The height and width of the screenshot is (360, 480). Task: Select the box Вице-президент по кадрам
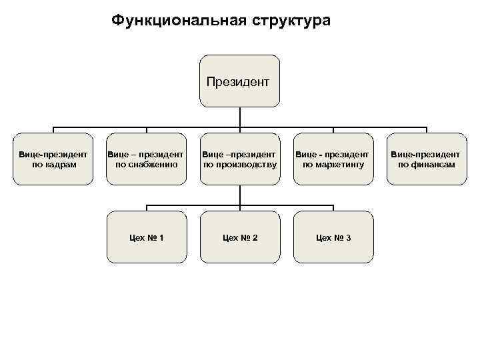coord(53,159)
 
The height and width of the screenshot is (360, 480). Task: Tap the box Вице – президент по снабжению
coord(146,159)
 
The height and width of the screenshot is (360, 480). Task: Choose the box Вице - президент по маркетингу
coord(333,159)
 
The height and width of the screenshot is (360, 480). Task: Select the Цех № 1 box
coord(146,237)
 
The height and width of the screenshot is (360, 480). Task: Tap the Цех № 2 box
coord(240,237)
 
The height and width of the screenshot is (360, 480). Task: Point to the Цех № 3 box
coord(333,237)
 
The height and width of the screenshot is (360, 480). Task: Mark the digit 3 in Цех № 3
coord(349,238)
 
